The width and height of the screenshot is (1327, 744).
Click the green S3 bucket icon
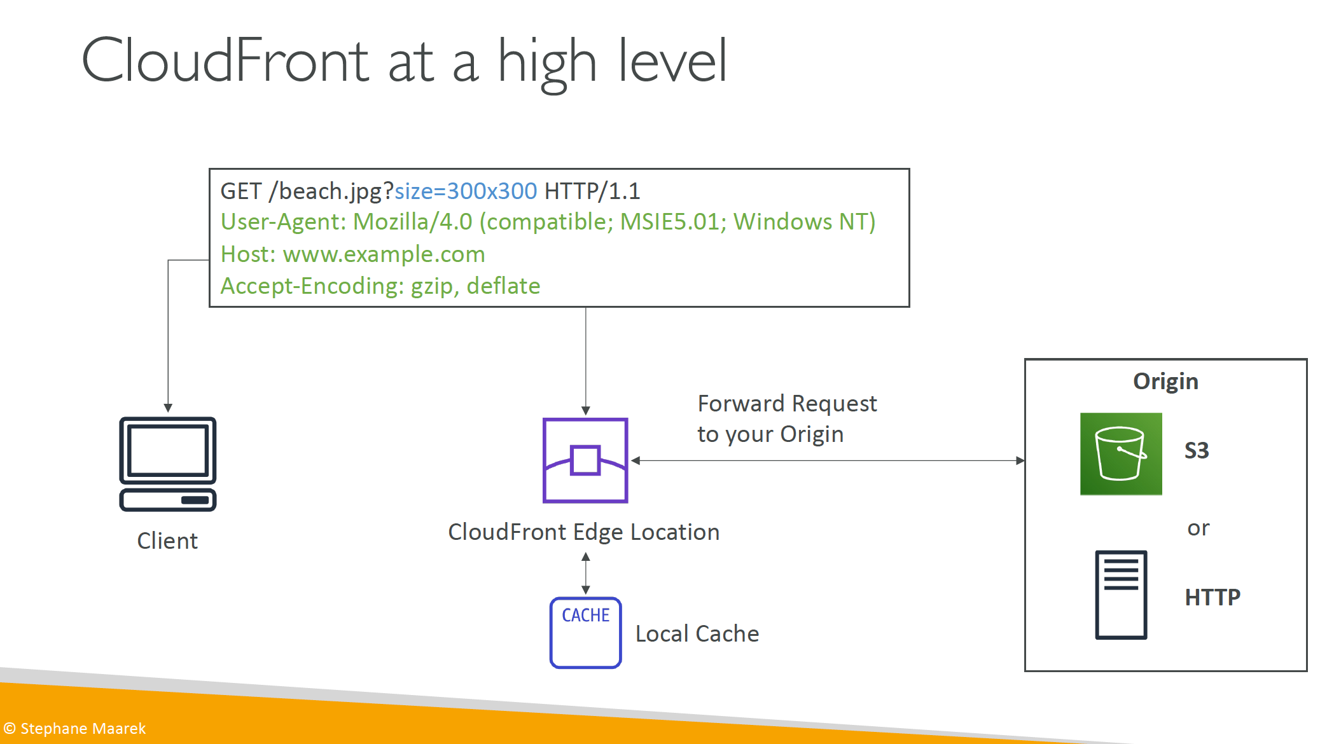point(1121,454)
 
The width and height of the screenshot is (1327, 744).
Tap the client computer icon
point(168,464)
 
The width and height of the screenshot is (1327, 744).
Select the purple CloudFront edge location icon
point(585,460)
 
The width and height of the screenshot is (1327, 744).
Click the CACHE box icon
point(585,633)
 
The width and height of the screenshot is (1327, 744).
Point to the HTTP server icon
point(1121,595)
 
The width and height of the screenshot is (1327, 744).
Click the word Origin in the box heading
point(1165,381)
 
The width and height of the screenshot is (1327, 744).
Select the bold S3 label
point(1197,450)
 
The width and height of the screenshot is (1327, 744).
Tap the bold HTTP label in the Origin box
point(1212,597)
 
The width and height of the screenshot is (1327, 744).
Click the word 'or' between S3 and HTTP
point(1198,528)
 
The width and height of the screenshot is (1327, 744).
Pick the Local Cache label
point(697,633)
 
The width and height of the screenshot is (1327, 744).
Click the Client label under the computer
point(167,541)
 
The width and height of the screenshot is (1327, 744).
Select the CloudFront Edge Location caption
point(584,532)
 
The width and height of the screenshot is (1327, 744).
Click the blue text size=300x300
point(466,191)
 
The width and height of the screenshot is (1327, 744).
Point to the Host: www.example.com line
point(353,254)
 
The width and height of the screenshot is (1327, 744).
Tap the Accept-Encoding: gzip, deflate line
point(380,286)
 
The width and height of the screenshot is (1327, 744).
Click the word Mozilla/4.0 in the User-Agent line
point(413,221)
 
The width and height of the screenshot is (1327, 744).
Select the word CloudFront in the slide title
point(225,61)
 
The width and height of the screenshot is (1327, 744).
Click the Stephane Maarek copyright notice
point(75,728)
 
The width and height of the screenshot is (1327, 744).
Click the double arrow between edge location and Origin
point(828,460)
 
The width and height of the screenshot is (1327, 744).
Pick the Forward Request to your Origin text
point(787,418)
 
